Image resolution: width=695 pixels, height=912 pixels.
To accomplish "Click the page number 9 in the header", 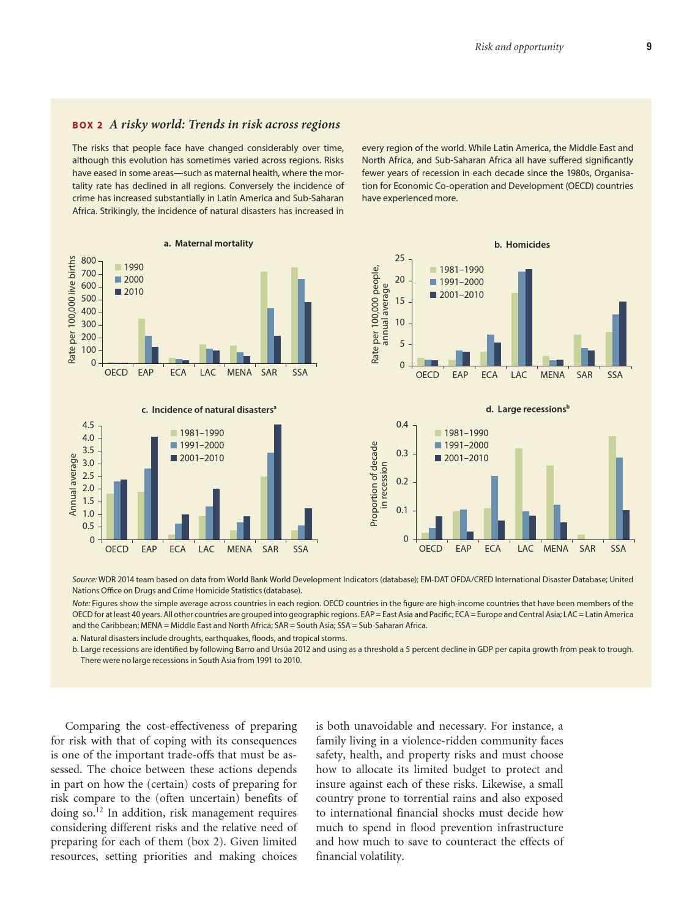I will (x=649, y=46).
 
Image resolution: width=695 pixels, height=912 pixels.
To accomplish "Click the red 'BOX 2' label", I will (x=87, y=125).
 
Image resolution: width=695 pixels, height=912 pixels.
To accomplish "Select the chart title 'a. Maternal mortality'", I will (x=208, y=243).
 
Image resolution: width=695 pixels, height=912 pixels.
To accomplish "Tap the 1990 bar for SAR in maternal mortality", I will (x=264, y=317).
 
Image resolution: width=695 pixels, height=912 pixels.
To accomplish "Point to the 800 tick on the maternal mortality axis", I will (x=89, y=261).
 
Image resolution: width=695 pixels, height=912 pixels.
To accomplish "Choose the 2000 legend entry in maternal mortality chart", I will (x=129, y=280).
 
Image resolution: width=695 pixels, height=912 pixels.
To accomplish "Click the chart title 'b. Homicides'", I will (x=522, y=245).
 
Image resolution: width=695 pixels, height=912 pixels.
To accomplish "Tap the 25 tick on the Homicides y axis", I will (x=400, y=259).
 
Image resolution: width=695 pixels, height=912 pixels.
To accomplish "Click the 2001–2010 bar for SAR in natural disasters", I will (x=278, y=482).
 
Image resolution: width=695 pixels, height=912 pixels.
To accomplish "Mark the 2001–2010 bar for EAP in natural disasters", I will (x=154, y=488).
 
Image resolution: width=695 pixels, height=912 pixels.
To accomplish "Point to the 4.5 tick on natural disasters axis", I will (x=88, y=425).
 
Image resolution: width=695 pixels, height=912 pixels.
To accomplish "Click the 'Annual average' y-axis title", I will (x=73, y=484).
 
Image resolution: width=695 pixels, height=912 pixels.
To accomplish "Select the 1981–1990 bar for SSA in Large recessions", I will (x=612, y=488).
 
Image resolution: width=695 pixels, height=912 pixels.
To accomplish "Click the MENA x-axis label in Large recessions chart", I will (x=556, y=549).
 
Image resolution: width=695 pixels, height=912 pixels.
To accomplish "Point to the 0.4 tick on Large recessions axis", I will (x=402, y=424).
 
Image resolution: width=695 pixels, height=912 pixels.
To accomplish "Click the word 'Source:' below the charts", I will (x=84, y=579).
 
